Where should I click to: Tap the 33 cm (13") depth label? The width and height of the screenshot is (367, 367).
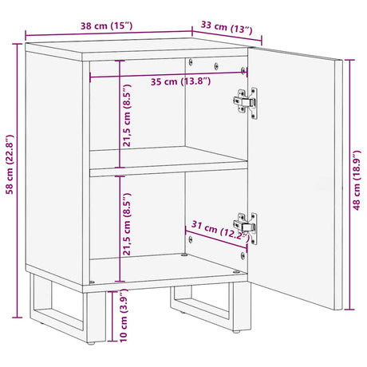[x=229, y=31]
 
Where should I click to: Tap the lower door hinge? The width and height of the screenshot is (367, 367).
[x=247, y=226]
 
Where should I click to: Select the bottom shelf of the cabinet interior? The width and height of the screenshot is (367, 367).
[x=160, y=267]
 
